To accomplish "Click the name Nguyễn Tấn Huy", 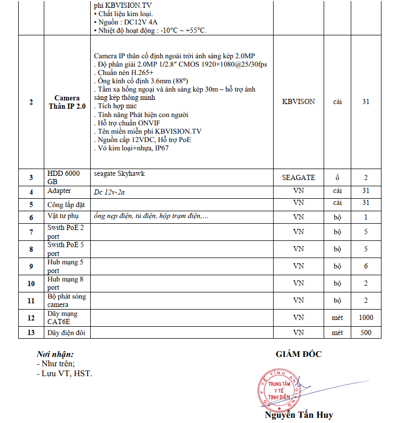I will (299, 415).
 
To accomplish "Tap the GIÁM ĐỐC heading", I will (299, 354).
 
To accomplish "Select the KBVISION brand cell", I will (299, 102).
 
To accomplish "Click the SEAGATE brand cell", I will (299, 177).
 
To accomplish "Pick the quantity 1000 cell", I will (365, 317).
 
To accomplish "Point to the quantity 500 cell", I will (365, 332).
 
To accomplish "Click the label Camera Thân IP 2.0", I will (67, 102).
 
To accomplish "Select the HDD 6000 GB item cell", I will (67, 177).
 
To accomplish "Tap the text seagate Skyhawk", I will (119, 174).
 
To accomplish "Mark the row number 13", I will (31, 332).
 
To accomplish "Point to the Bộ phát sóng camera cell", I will (66, 300).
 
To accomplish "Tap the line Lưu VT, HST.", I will (65, 374).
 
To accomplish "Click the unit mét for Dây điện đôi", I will (337, 332).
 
